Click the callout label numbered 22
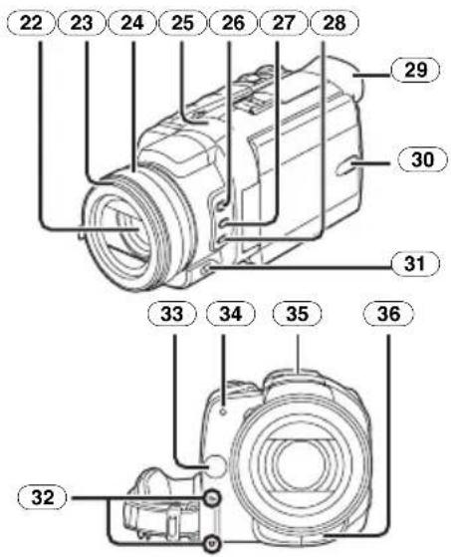(31, 24)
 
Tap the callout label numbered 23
(82, 24)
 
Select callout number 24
(132, 24)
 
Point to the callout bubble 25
(183, 24)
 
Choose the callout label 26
(233, 24)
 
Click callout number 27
(284, 24)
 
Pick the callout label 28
(335, 24)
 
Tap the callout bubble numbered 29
(415, 70)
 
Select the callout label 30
(422, 159)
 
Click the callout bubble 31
(415, 264)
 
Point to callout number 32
(42, 497)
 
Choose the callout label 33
(172, 314)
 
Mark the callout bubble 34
(231, 314)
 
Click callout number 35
(297, 314)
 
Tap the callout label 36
(389, 314)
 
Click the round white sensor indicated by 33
(215, 466)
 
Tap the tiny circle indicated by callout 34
(223, 413)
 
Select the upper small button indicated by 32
(212, 499)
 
